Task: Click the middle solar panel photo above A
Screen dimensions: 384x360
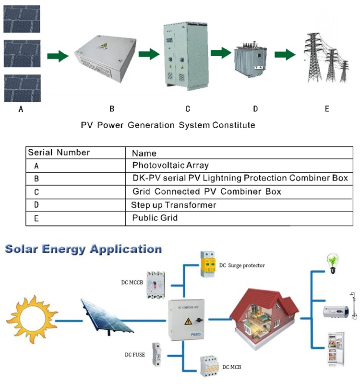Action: tap(22, 54)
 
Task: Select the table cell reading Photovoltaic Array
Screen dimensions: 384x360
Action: tap(170, 165)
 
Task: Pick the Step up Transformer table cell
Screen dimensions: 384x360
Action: tap(174, 205)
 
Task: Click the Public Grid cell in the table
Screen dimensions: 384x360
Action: tap(155, 218)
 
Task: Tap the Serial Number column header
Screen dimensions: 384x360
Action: tap(59, 153)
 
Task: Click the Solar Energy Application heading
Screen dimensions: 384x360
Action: tap(83, 249)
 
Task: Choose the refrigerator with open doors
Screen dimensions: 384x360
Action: tap(336, 349)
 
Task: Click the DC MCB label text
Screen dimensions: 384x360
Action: tap(231, 367)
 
